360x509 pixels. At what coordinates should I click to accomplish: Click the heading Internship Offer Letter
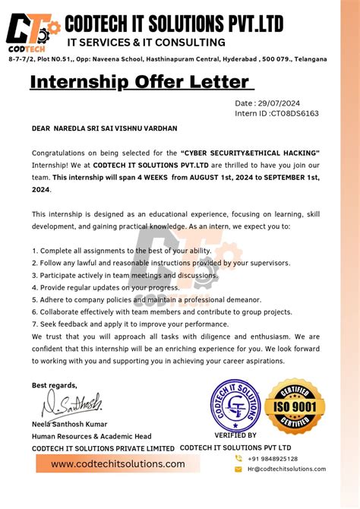tap(140, 81)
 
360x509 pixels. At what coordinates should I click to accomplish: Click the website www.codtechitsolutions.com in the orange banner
tap(118, 463)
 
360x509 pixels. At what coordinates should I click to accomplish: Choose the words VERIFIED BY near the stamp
tap(235, 435)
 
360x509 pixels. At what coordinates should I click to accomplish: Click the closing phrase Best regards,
tap(54, 385)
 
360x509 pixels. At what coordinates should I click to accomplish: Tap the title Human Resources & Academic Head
tap(91, 436)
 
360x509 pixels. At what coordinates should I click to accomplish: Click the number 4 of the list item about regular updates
tap(34, 288)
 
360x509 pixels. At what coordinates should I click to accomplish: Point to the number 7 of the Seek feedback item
tap(34, 324)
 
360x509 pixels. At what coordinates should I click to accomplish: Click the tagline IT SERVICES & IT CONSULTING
tap(146, 43)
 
